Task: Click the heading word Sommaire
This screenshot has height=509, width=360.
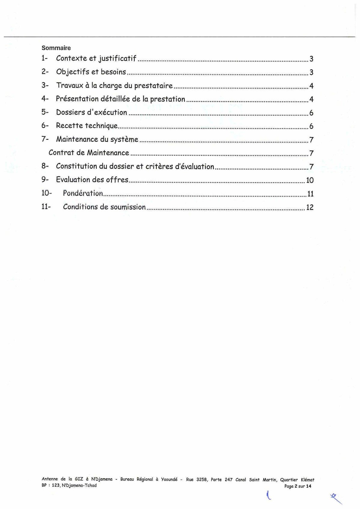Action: click(56, 48)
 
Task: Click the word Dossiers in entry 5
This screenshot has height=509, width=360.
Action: click(70, 112)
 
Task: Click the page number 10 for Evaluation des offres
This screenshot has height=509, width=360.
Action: click(310, 180)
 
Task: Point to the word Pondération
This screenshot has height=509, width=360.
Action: click(83, 193)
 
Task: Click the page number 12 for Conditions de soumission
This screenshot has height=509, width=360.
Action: click(310, 207)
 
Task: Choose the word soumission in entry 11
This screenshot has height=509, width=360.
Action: click(128, 207)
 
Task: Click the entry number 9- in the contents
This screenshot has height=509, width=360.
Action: click(45, 180)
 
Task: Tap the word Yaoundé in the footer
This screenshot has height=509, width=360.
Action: click(169, 480)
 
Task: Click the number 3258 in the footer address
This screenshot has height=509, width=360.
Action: click(202, 480)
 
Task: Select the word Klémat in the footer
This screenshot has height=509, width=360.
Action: click(307, 480)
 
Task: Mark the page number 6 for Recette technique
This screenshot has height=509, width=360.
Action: click(311, 126)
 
